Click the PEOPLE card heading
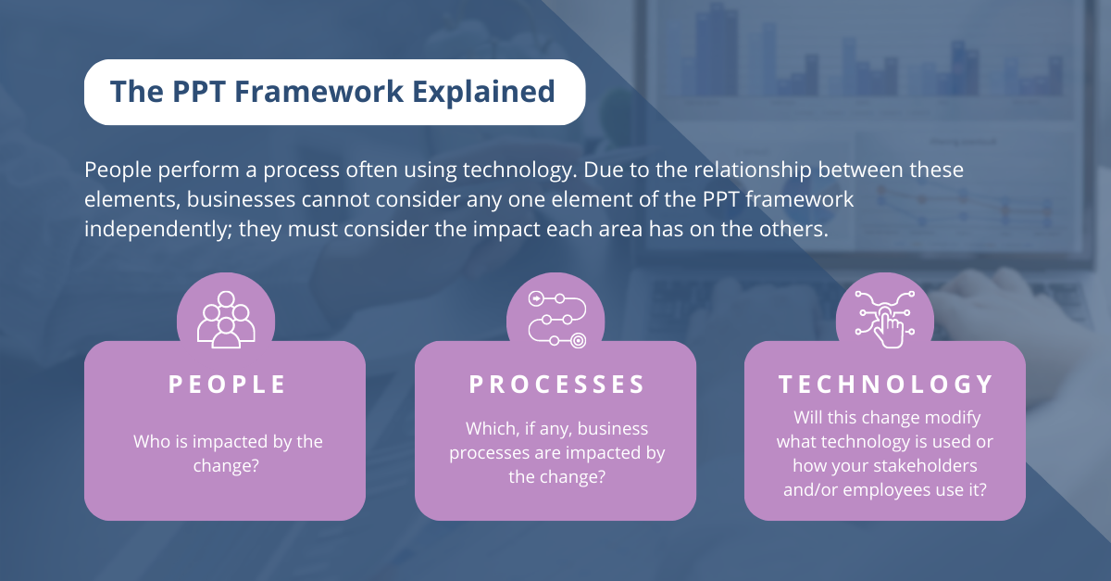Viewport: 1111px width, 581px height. [228, 385]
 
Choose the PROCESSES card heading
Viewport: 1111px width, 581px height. [556, 385]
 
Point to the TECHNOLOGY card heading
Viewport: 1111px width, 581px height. [886, 385]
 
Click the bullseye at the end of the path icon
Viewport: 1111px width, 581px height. [578, 340]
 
